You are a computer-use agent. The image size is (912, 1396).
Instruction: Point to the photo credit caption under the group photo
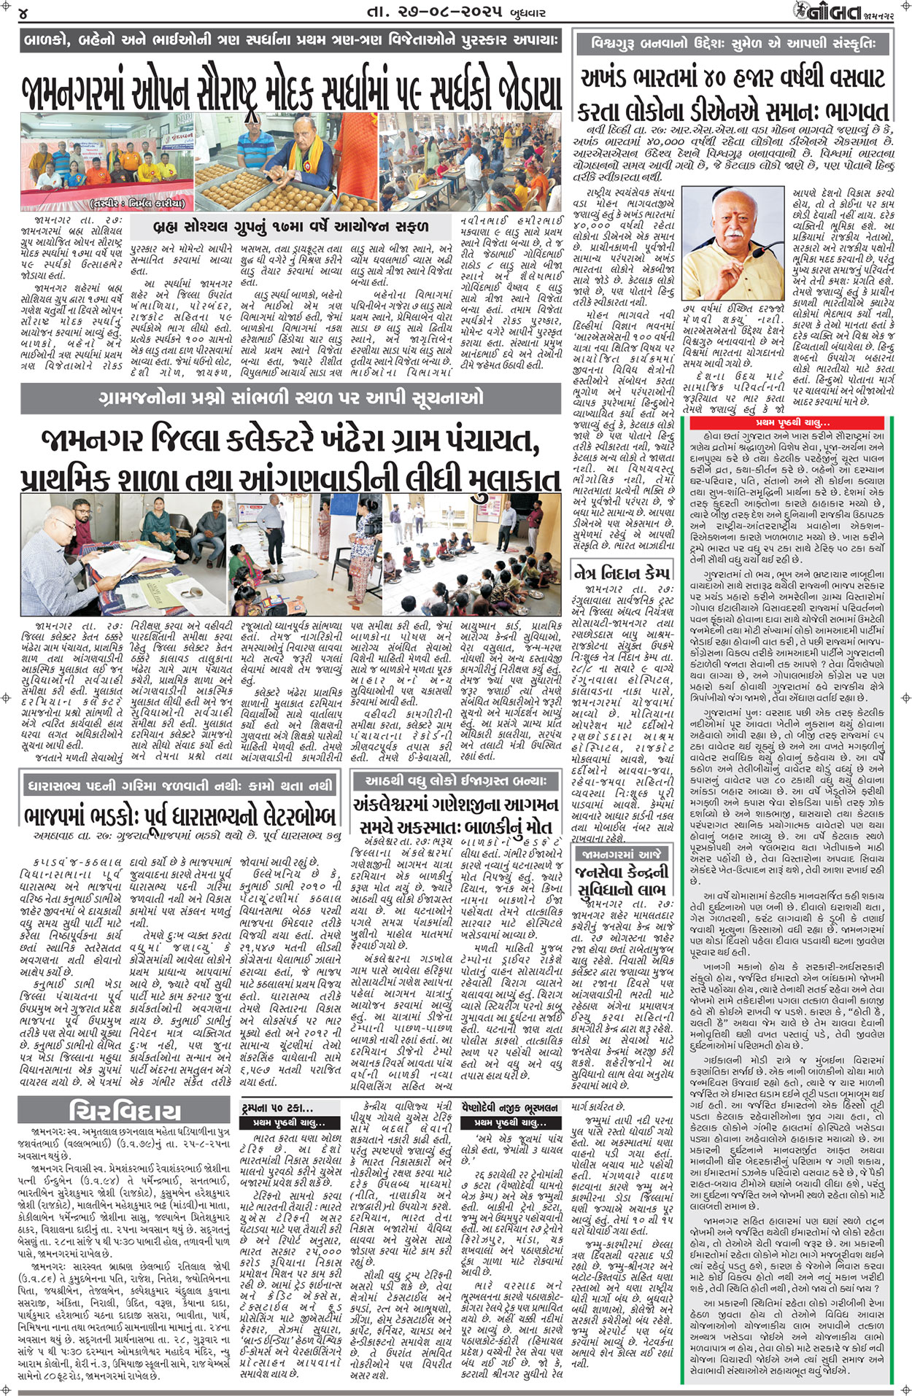click(139, 203)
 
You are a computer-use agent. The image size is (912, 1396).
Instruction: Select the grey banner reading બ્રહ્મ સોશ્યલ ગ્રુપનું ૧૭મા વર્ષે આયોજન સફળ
click(292, 226)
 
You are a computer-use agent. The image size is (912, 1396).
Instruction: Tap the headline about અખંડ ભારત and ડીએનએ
click(733, 93)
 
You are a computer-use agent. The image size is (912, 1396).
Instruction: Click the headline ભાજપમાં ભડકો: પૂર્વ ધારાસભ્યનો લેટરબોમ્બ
click(179, 815)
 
